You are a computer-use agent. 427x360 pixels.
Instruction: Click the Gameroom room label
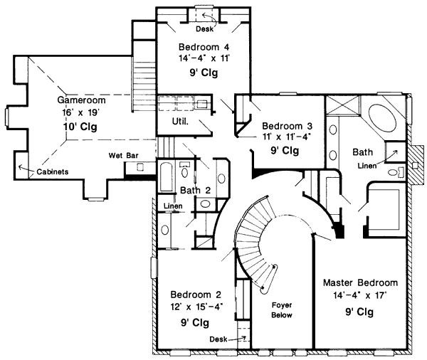pos(81,100)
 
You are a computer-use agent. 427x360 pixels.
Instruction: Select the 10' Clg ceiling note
pos(80,127)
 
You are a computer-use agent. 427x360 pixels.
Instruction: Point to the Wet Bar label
pos(123,156)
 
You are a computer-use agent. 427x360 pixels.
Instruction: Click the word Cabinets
pos(53,172)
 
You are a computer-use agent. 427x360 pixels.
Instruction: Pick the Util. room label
pos(180,121)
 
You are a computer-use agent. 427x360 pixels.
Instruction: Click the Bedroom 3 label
pos(287,126)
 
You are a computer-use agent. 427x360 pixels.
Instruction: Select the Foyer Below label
pos(282,310)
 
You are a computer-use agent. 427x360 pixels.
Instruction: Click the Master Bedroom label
pos(360,282)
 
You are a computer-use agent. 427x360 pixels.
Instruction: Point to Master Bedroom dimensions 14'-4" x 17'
pos(360,295)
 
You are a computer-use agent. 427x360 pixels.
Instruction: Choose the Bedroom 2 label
pos(196,295)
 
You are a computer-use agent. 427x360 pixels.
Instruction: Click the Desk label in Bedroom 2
pos(218,339)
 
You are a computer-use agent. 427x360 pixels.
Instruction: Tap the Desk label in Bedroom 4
pos(204,29)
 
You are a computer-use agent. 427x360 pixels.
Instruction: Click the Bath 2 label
pos(195,190)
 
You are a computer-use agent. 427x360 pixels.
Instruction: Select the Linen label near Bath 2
pos(173,206)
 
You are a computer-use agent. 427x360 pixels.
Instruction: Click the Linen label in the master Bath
pos(367,166)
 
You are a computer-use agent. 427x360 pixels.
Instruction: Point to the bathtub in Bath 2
pos(167,177)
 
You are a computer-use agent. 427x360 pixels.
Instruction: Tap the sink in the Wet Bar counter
pos(139,166)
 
